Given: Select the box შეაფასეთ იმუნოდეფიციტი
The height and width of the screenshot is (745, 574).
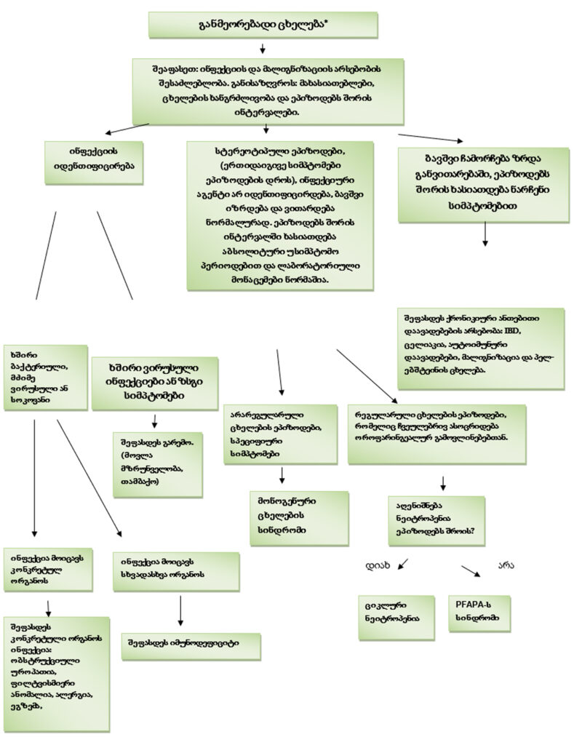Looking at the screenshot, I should click(x=191, y=644).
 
